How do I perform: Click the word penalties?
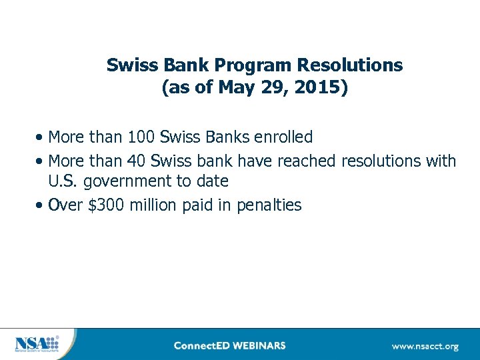(x=269, y=205)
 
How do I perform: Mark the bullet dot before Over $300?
(x=41, y=206)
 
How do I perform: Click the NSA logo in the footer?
(x=36, y=345)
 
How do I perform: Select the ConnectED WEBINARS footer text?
(x=229, y=345)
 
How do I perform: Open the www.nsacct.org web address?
(x=425, y=346)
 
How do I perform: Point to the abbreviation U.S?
(x=63, y=181)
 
